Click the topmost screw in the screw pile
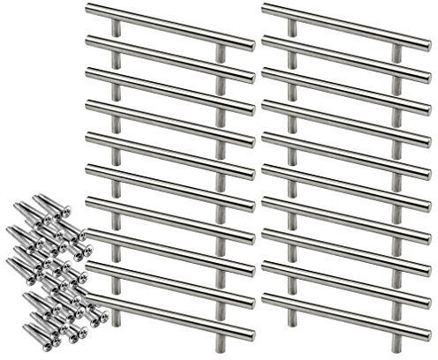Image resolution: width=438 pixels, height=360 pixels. [x=41, y=206]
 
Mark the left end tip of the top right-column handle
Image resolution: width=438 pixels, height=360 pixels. [x=265, y=8]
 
